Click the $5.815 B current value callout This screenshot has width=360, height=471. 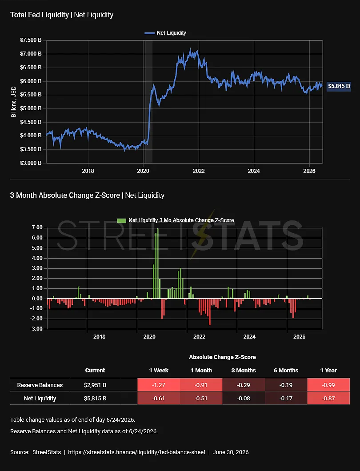[x=339, y=86]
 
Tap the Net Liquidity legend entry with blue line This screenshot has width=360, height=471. [x=165, y=33]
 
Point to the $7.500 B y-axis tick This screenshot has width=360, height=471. [x=31, y=40]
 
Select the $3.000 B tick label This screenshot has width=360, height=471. [x=31, y=163]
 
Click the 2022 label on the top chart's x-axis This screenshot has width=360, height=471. [x=199, y=171]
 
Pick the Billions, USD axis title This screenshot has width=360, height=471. [x=13, y=102]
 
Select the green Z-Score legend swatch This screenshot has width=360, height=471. [x=121, y=220]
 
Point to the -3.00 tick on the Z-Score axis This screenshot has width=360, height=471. [x=36, y=329]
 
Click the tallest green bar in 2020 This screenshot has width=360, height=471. [x=158, y=263]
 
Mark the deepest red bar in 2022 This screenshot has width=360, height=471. [x=210, y=312]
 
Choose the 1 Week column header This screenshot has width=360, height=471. [x=159, y=371]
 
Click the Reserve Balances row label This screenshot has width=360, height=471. [x=40, y=385]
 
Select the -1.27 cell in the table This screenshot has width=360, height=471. [x=159, y=385]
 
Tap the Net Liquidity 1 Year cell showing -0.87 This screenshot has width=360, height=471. [x=328, y=398]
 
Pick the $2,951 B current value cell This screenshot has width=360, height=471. [x=95, y=385]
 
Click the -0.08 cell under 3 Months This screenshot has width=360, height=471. [x=244, y=398]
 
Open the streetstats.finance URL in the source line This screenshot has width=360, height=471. [x=137, y=452]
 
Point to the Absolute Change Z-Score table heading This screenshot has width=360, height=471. [x=222, y=357]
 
